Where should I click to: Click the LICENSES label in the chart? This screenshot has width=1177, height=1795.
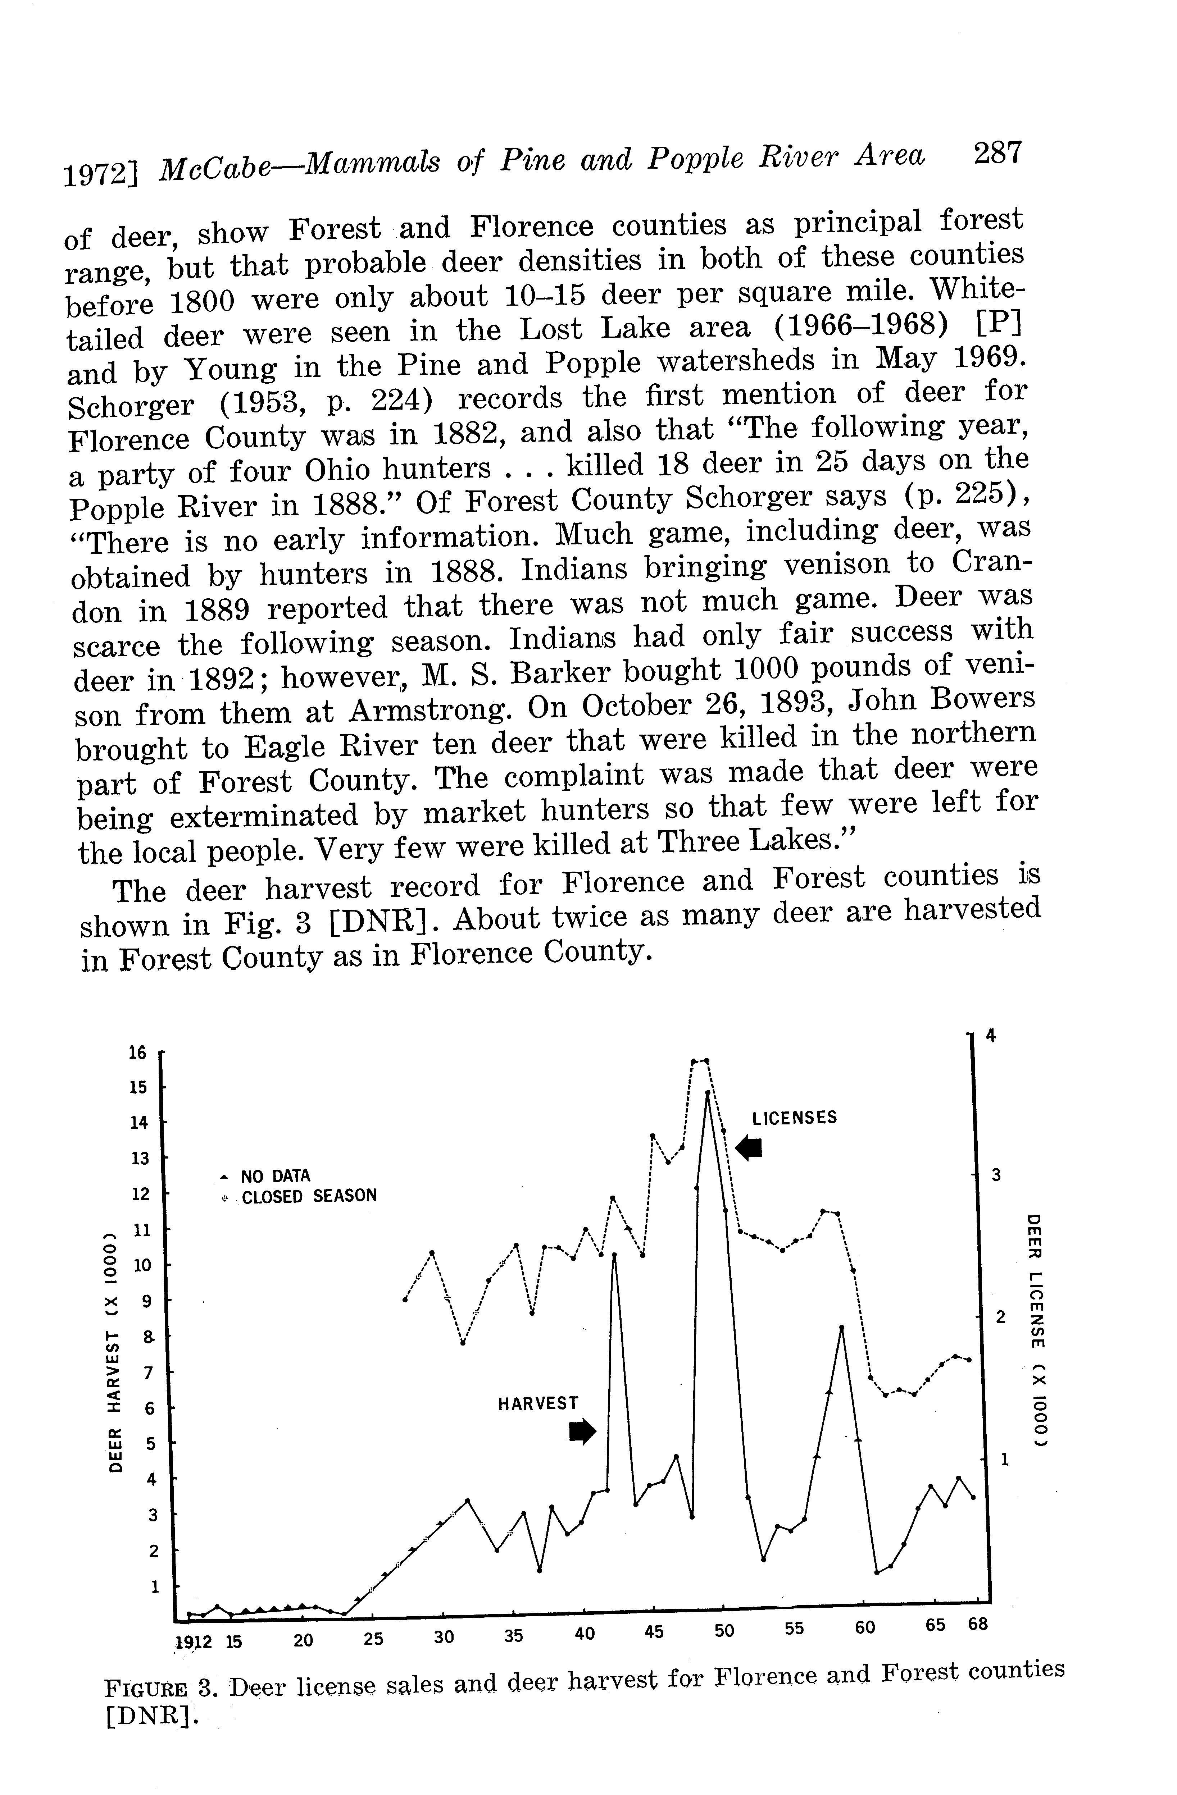coord(794,1117)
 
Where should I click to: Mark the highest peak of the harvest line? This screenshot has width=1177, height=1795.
coord(708,1092)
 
